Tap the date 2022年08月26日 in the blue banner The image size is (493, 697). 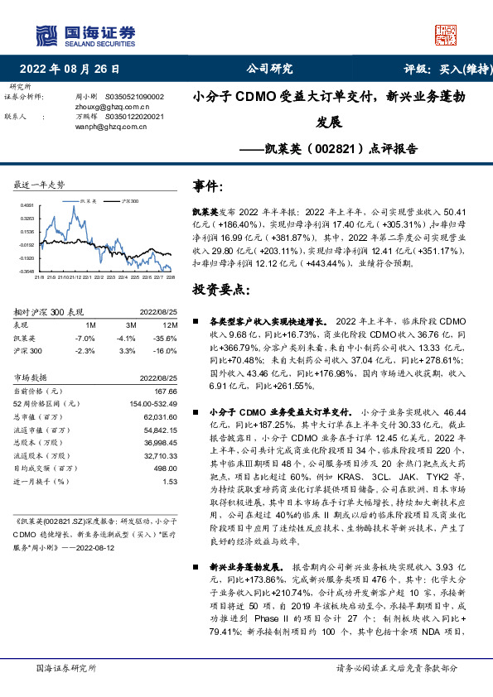pos(75,69)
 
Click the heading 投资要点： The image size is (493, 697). pos(220,289)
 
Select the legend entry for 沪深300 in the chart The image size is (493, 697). pos(128,201)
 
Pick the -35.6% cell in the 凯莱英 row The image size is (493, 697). pos(168,338)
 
